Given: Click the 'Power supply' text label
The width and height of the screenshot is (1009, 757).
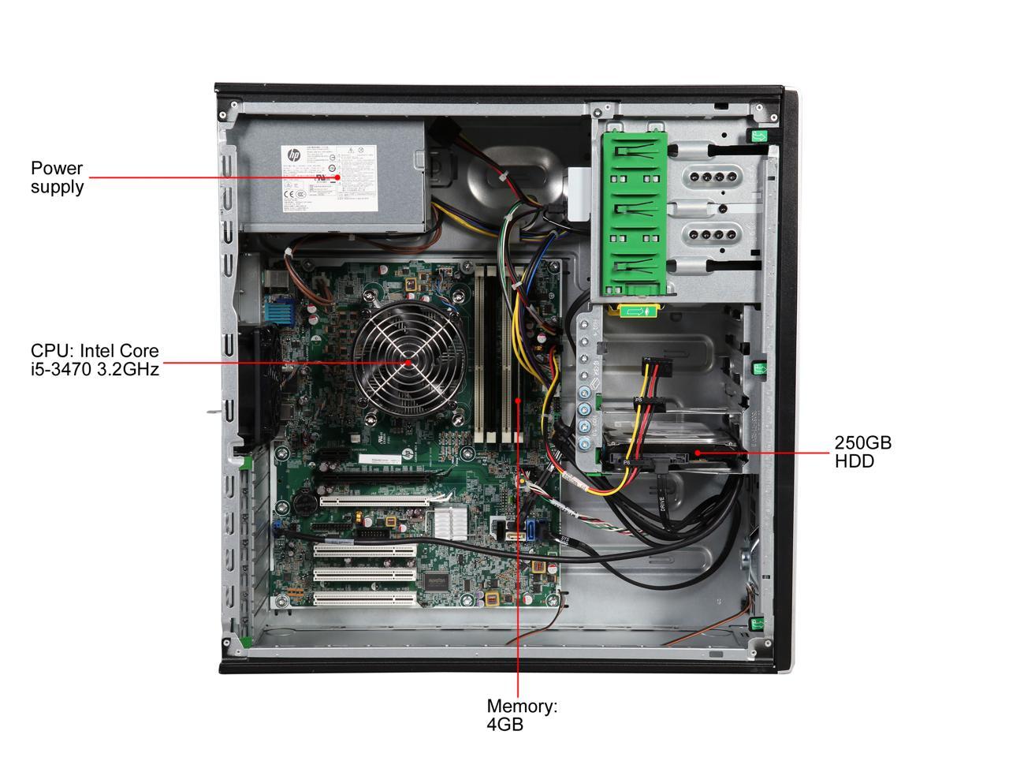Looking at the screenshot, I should pyautogui.click(x=57, y=177).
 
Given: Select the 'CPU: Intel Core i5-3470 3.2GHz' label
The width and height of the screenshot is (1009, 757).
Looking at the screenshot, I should pyautogui.click(x=95, y=360).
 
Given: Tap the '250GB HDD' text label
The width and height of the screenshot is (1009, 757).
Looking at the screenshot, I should pyautogui.click(x=863, y=451).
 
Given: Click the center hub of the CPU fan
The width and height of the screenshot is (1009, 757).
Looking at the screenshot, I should pyautogui.click(x=408, y=363).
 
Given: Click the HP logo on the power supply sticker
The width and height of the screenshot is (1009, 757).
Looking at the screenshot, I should pyautogui.click(x=292, y=155).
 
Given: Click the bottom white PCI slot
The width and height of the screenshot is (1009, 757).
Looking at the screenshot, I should pyautogui.click(x=365, y=600).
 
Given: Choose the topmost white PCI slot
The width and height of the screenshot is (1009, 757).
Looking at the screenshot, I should pyautogui.click(x=374, y=500).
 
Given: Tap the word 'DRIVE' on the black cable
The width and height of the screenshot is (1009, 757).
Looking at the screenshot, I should pyautogui.click(x=662, y=496).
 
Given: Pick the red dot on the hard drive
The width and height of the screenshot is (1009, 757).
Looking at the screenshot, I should pyautogui.click(x=698, y=453).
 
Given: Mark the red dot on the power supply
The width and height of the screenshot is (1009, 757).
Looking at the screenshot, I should pyautogui.click(x=339, y=177).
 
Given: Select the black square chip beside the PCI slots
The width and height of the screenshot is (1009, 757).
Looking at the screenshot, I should pyautogui.click(x=436, y=581).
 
